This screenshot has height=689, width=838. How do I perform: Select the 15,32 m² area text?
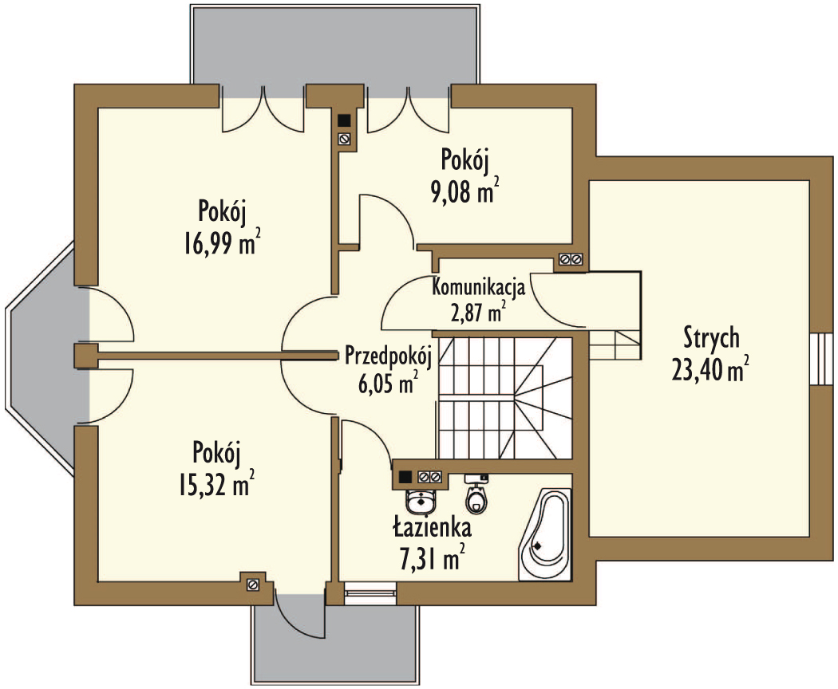[x=216, y=484]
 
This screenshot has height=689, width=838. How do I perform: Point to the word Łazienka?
[x=433, y=527]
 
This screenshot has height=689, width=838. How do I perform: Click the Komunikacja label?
[x=478, y=287]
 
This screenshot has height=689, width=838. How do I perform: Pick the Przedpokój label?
[x=388, y=356]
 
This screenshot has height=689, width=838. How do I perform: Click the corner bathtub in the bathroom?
[x=545, y=534]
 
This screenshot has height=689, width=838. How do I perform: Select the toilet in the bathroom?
[x=476, y=495]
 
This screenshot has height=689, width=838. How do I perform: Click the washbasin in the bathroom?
[x=421, y=501]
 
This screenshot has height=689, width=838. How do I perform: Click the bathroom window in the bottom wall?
[x=370, y=593]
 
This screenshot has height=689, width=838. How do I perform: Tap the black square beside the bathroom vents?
[x=405, y=476]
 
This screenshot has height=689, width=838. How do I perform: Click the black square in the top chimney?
[x=344, y=120]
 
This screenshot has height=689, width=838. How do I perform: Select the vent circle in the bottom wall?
[x=253, y=585]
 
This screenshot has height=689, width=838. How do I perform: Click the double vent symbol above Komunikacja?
[x=571, y=260]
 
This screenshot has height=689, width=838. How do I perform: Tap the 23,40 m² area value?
[x=710, y=369]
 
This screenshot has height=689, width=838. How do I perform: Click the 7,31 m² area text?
[x=433, y=558]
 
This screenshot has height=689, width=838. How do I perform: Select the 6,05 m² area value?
[x=388, y=383]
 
